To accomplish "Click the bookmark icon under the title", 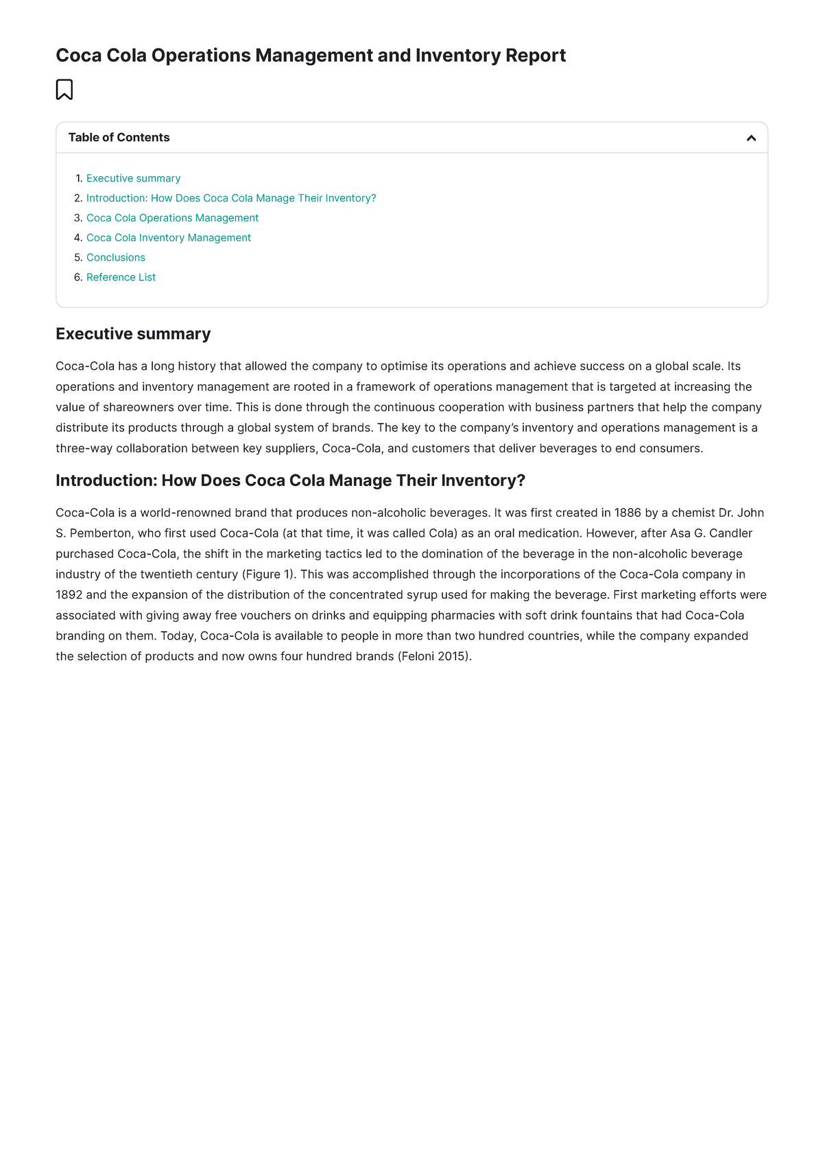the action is (64, 90).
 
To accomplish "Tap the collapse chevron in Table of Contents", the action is (751, 138).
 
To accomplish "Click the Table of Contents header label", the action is (119, 138).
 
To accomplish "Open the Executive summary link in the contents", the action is (133, 178).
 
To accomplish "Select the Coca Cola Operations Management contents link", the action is (172, 218).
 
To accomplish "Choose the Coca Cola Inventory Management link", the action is (168, 238).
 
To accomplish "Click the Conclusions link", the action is (115, 258).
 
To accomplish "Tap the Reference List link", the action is (121, 278).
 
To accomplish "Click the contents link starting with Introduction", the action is (230, 198).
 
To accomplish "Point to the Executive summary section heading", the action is (133, 334).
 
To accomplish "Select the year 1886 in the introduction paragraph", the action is (627, 513).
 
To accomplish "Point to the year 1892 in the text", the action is (69, 595).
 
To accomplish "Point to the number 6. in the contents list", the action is (77, 278).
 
